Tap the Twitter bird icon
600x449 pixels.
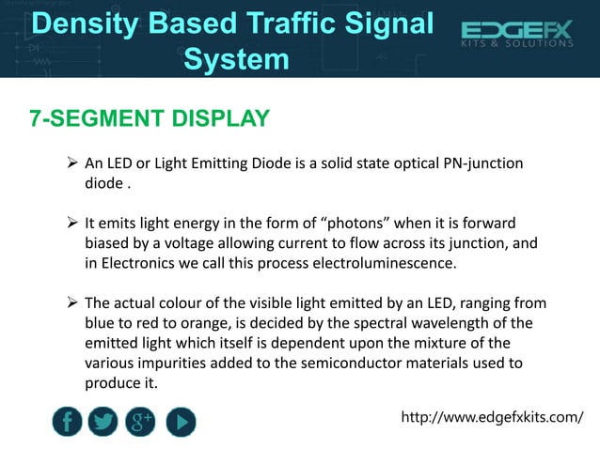click(x=103, y=422)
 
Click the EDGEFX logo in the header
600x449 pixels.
click(x=516, y=35)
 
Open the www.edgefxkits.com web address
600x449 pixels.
click(x=492, y=416)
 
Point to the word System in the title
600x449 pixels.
click(x=236, y=59)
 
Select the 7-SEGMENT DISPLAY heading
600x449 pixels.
click(x=149, y=119)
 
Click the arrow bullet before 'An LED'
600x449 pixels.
click(x=71, y=165)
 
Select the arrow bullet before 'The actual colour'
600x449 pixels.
click(x=71, y=304)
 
